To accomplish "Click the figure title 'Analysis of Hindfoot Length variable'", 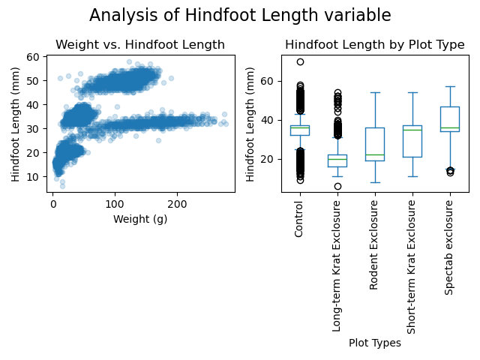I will (240, 16).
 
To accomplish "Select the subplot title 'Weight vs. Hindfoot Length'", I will (140, 45).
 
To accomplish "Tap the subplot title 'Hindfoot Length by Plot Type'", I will (374, 45).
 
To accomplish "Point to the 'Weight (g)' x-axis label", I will (140, 219).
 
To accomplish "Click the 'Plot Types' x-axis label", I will (374, 343).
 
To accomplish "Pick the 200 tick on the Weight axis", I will (177, 203).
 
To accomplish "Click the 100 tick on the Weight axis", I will (115, 203).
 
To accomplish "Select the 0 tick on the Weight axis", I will (52, 203).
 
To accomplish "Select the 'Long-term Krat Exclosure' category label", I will (337, 265).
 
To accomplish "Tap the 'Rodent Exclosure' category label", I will (374, 244).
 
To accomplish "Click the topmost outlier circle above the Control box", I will (300, 62).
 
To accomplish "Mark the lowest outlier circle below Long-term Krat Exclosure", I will (337, 186).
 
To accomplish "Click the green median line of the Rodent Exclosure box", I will (374, 154).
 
